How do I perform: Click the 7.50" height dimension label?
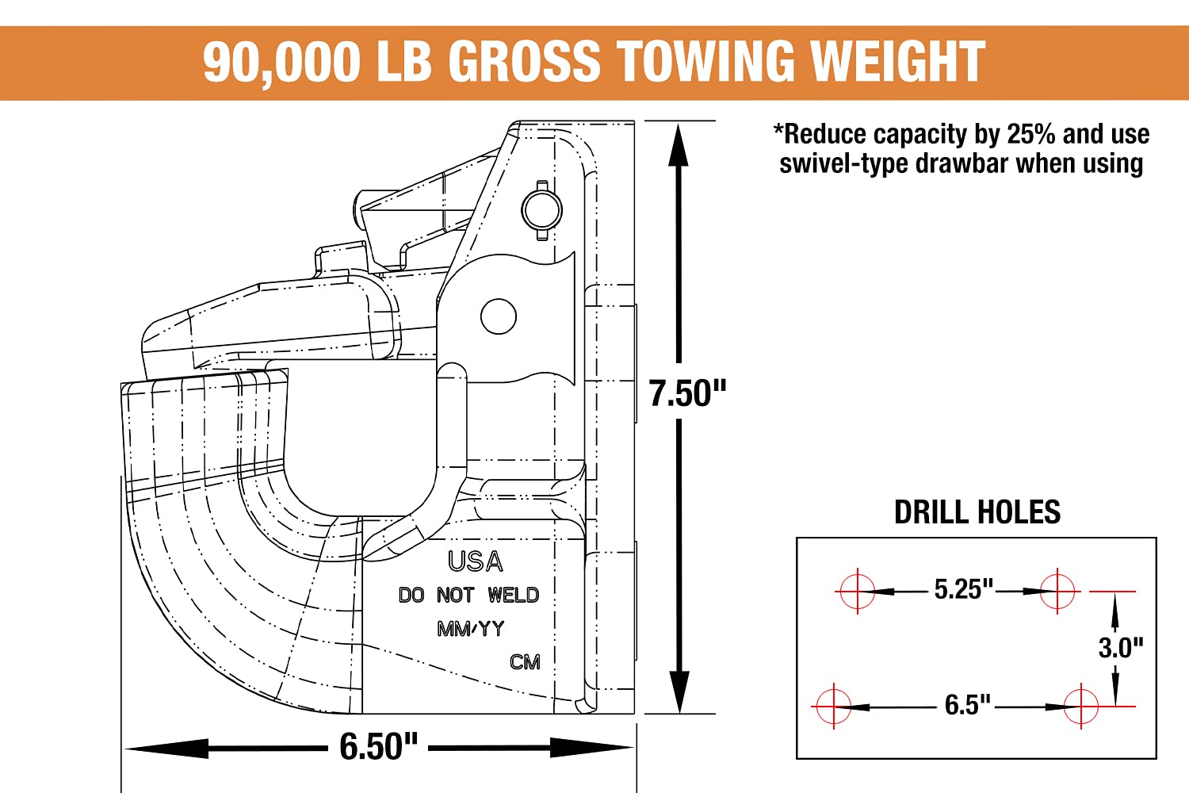[687, 393]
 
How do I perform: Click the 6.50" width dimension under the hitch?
[378, 746]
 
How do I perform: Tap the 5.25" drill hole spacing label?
[963, 588]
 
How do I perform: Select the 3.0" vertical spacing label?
[1121, 647]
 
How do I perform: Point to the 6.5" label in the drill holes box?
[967, 705]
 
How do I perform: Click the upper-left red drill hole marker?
[857, 591]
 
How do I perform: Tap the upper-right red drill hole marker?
[1057, 591]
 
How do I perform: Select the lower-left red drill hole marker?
[833, 707]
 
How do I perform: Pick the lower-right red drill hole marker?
[1081, 707]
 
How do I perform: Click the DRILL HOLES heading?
[977, 512]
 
